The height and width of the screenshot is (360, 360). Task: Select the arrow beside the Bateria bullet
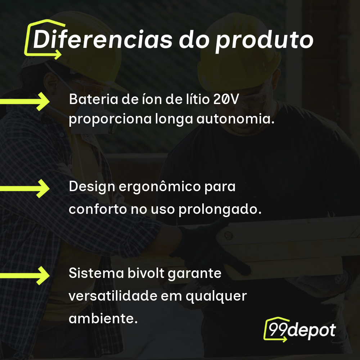pos(25,101)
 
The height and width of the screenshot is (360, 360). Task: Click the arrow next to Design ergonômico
pos(25,188)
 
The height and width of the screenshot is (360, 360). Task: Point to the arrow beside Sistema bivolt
pos(25,276)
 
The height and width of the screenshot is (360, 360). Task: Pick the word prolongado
pos(220,209)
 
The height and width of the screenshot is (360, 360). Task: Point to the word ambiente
pos(103,318)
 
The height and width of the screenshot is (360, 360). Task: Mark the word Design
pos(91,188)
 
